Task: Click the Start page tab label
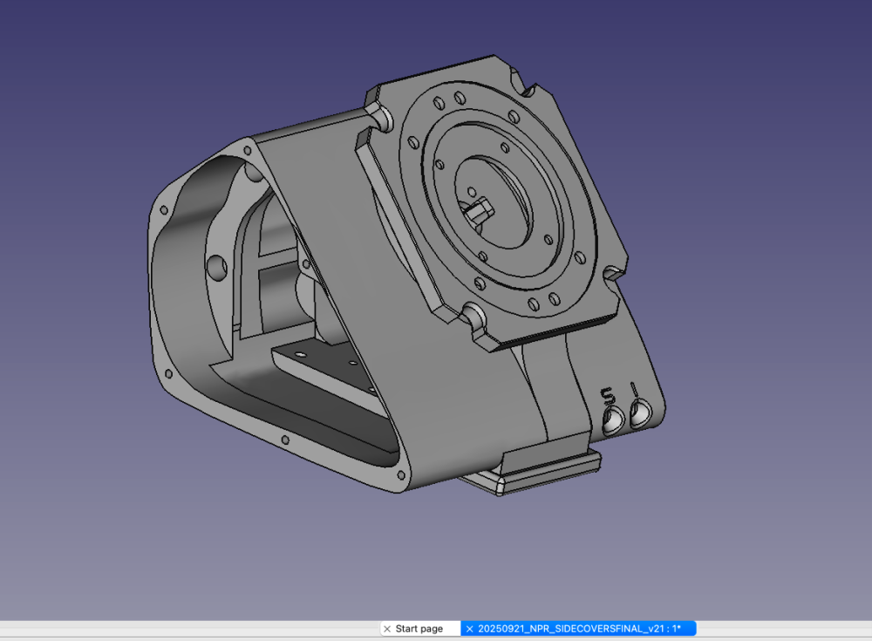click(419, 629)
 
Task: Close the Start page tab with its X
click(387, 629)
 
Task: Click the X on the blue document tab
click(469, 629)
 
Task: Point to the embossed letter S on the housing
click(609, 396)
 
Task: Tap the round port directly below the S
click(613, 419)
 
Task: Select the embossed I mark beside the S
click(633, 388)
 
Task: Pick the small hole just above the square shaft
click(472, 192)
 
